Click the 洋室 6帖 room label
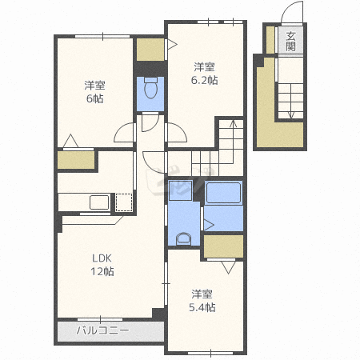(x=94, y=92)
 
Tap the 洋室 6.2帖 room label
(x=204, y=74)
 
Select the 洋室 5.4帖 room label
(x=202, y=301)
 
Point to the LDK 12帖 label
(x=102, y=265)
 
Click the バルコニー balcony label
(x=102, y=330)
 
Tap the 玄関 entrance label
(x=290, y=42)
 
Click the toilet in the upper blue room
(x=150, y=88)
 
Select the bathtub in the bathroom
(x=224, y=193)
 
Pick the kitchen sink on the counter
(x=99, y=202)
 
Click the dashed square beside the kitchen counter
(x=124, y=202)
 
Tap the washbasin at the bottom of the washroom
(x=183, y=238)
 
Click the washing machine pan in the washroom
(x=180, y=190)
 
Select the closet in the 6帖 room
(x=76, y=160)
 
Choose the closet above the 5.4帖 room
(x=223, y=246)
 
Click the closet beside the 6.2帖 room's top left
(x=150, y=50)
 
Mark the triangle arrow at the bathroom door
(x=209, y=225)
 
